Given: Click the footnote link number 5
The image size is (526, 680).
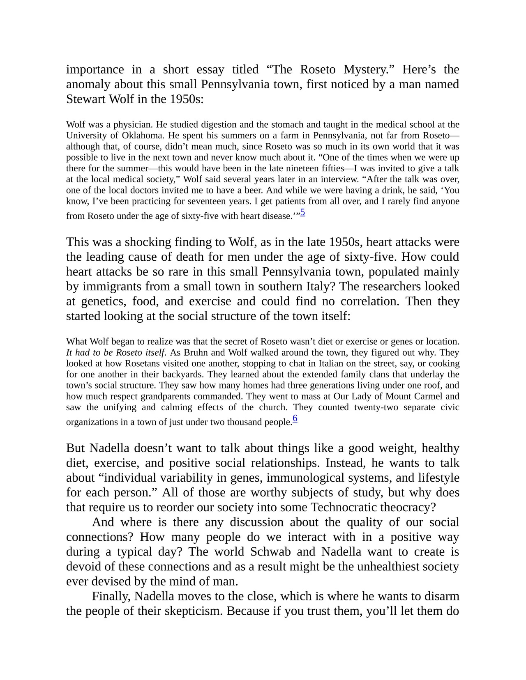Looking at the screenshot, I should click(x=302, y=212).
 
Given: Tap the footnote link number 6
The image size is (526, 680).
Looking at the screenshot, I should click(x=295, y=418).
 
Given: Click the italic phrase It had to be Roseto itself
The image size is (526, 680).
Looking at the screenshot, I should click(x=116, y=352).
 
